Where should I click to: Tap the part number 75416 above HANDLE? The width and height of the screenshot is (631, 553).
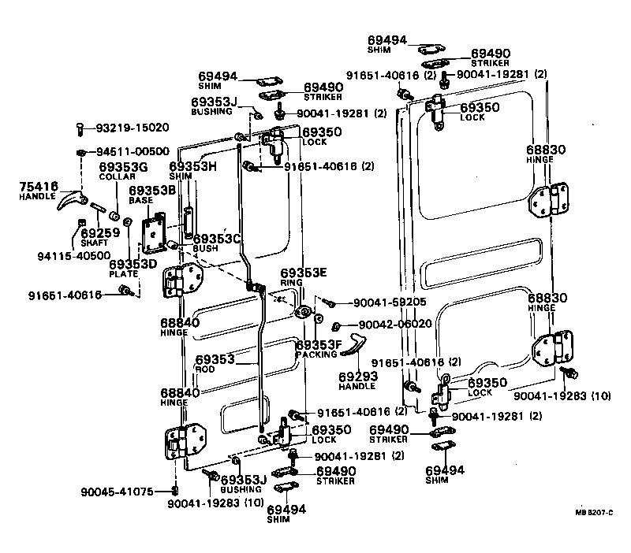pyautogui.click(x=39, y=187)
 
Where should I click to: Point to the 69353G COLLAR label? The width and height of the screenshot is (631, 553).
pyautogui.click(x=123, y=168)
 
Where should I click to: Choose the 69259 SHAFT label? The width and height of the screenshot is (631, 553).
pyautogui.click(x=98, y=234)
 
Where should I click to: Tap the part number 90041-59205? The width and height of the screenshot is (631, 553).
pyautogui.click(x=390, y=302)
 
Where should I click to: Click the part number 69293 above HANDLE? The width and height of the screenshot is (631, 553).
pyautogui.click(x=358, y=377)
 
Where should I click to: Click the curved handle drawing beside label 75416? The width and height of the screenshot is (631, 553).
pyautogui.click(x=70, y=203)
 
